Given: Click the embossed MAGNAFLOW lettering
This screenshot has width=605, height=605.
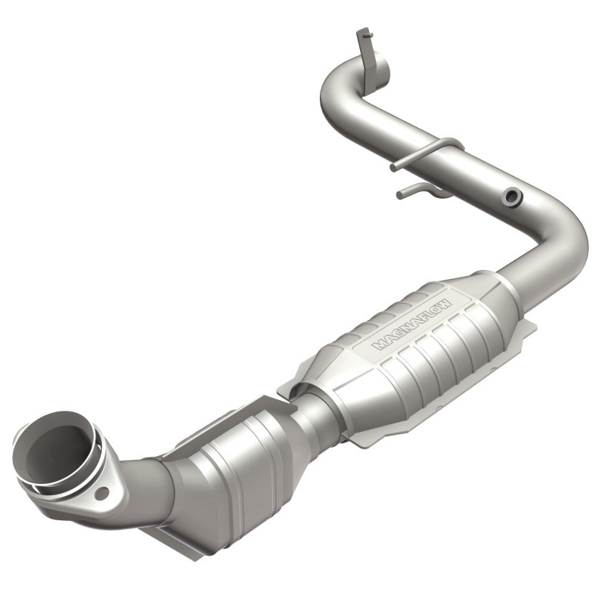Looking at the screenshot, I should click(412, 323).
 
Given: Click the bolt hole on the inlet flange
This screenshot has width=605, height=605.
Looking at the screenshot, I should click(101, 492).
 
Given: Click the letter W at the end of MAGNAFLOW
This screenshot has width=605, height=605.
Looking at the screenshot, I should click(446, 301).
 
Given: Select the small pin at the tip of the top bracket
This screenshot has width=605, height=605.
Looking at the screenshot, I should click(361, 33).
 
